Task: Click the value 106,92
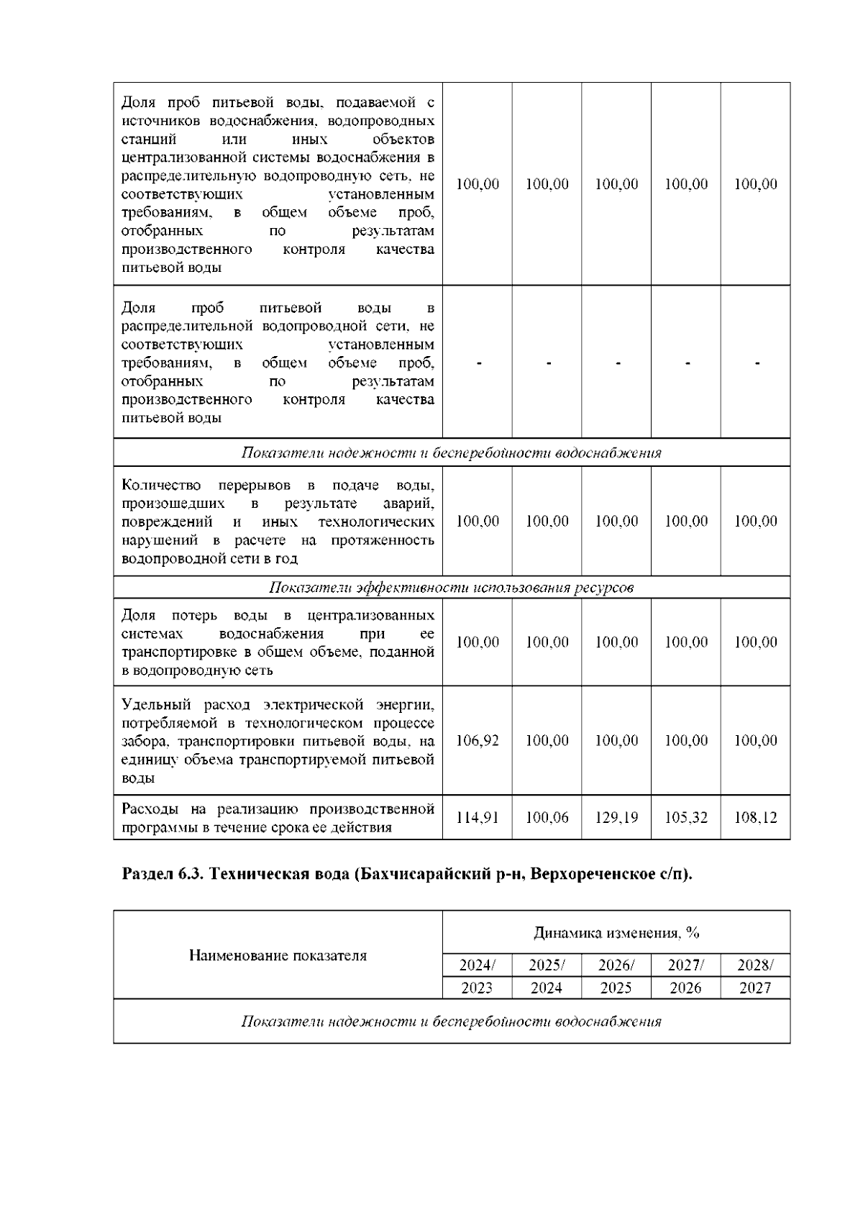[x=478, y=740]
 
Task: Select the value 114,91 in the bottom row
[x=478, y=818]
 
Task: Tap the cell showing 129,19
[x=616, y=818]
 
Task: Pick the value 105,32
[x=686, y=818]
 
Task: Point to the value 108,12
[x=755, y=818]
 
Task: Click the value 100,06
[x=547, y=818]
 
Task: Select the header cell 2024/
[x=477, y=965]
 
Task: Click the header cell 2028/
[x=755, y=965]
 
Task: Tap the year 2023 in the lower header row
[x=477, y=988]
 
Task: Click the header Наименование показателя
[x=278, y=955]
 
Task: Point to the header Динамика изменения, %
[x=616, y=933]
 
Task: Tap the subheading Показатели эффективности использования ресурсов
[x=451, y=588]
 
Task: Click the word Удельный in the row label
[x=148, y=704]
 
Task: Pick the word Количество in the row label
[x=161, y=485]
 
